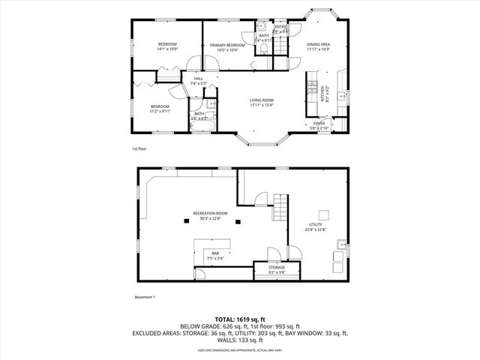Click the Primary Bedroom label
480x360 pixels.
point(226,46)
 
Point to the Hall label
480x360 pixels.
point(198,79)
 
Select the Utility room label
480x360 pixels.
point(316,224)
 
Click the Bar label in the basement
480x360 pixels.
point(216,253)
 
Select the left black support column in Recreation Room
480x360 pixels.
point(187,220)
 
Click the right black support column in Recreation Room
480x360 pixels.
point(237,221)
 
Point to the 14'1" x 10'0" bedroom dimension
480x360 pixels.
point(166,50)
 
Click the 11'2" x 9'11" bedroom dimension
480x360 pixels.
point(160,111)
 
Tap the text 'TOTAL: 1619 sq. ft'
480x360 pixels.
point(240,319)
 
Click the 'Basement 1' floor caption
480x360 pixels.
point(144,298)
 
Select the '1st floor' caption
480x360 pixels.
point(139,149)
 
